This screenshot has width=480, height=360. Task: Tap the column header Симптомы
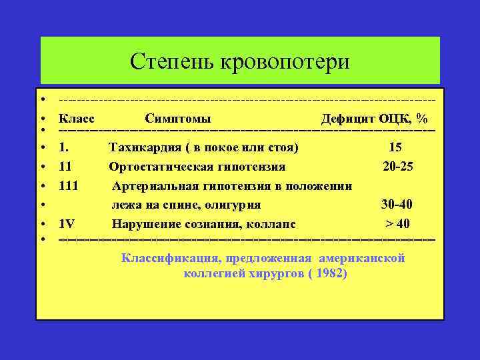pyautogui.click(x=178, y=119)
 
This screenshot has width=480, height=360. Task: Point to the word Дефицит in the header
pyautogui.click(x=347, y=119)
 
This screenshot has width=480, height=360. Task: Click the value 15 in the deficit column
pyautogui.click(x=395, y=147)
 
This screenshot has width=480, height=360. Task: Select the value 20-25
pyautogui.click(x=398, y=166)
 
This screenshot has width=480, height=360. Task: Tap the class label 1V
pyautogui.click(x=67, y=223)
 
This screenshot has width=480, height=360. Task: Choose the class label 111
pyautogui.click(x=69, y=185)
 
